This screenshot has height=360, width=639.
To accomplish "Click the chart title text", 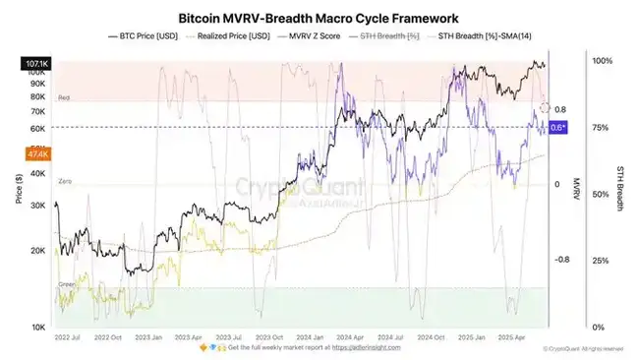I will (319, 18).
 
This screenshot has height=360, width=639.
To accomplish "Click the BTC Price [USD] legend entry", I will (146, 36).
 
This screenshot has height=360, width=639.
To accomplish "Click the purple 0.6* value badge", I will (558, 128).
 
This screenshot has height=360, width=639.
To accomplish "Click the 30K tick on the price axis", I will (39, 206).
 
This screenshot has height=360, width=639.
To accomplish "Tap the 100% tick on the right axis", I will (602, 61).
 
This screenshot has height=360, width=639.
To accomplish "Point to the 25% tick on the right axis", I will (600, 261).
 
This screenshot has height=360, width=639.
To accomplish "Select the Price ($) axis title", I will (18, 187).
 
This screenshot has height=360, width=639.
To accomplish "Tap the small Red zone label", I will (64, 98).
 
